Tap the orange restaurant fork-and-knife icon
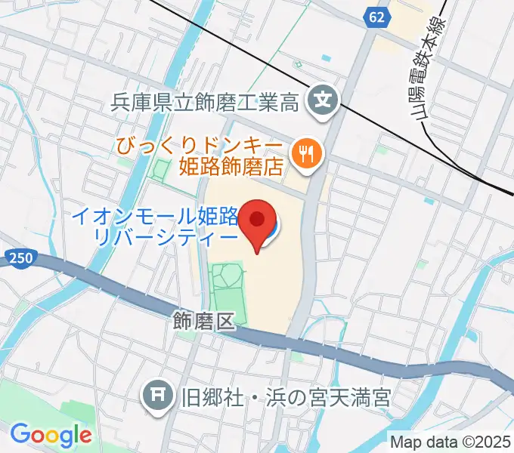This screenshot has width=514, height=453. point(306,153)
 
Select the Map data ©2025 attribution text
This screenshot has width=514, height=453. point(450,442)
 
